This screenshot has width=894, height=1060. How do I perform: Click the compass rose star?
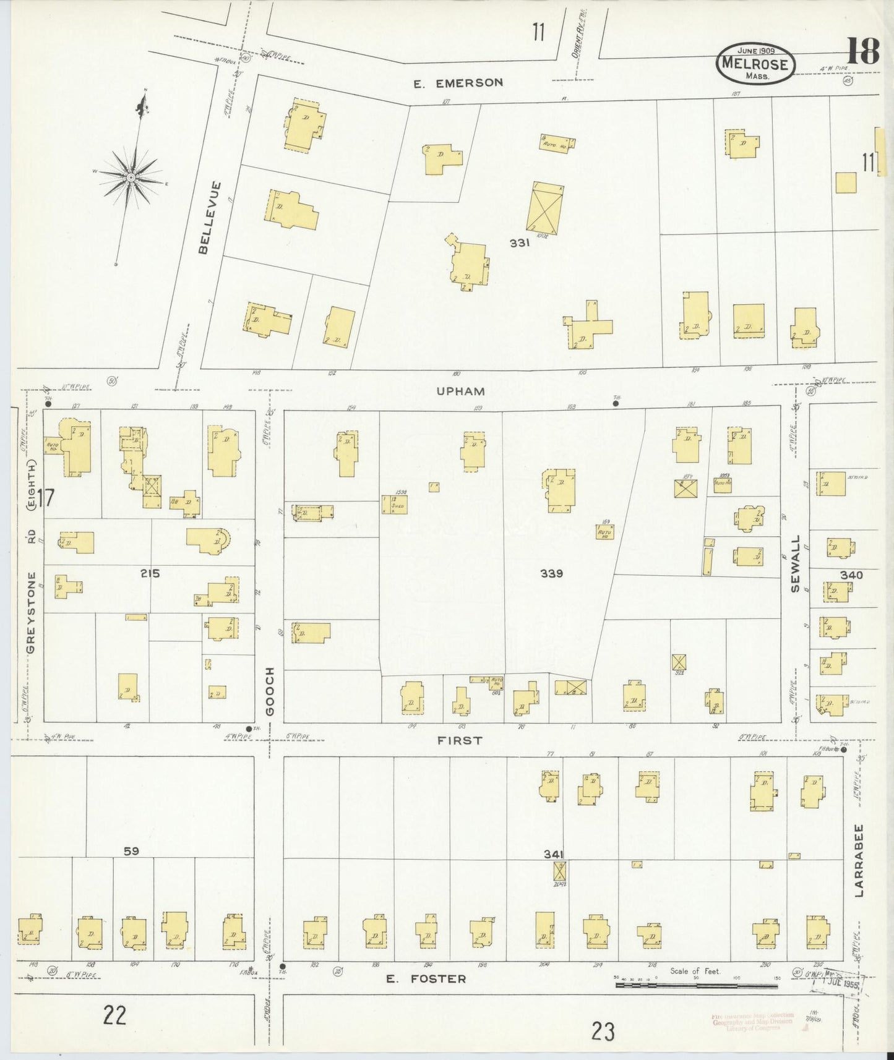pos(131,177)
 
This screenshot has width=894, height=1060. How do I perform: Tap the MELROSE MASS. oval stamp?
pos(755,64)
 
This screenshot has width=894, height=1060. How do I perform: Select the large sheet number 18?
pos(862,51)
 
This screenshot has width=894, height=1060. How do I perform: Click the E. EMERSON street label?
pos(458,82)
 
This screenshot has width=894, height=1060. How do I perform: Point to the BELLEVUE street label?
pos(208,217)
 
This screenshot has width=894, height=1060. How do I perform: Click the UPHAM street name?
pos(460,391)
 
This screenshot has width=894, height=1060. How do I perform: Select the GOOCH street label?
pos(270,691)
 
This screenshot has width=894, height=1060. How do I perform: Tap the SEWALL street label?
pos(796,564)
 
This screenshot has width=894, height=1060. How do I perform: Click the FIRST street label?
pos(459,740)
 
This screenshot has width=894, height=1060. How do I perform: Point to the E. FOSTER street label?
pos(426,978)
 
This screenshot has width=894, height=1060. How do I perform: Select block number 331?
pos(520,243)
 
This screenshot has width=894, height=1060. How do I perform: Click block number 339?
pos(551,573)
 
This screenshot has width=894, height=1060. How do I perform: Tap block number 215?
pos(150,573)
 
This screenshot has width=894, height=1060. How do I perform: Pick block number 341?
pos(553,854)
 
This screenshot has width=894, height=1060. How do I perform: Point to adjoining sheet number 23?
pos(603,1031)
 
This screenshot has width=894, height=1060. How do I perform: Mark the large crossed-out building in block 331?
pos(544,207)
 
